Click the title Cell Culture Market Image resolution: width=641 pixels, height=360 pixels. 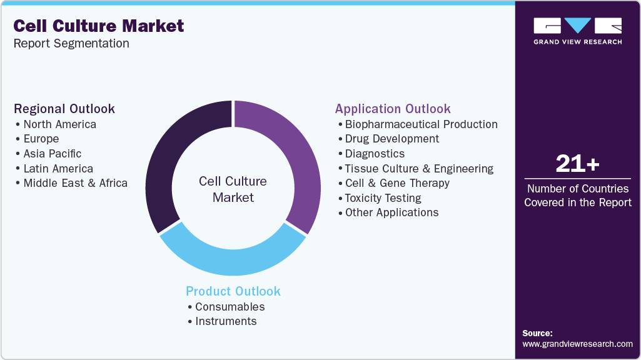pos(98,26)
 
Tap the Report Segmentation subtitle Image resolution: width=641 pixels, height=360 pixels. pos(71,44)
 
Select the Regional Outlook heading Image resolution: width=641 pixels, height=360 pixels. pos(64,109)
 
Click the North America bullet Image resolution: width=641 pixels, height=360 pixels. pos(59,124)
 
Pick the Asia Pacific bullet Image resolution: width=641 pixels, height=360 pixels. pos(52,154)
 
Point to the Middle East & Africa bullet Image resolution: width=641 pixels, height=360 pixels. pos(75,183)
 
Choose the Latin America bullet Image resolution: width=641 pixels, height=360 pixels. pos(58,169)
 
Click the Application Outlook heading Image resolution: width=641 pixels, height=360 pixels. pos(393,109)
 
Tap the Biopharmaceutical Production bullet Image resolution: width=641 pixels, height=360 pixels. pos(421,124)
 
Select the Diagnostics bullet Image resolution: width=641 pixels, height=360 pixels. pos(375,154)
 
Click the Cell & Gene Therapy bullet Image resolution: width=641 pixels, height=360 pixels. pos(397,183)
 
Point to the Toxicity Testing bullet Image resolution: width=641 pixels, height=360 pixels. pos(383,198)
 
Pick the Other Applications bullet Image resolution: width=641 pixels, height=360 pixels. pos(391,212)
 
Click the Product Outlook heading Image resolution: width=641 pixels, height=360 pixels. pos(233,291)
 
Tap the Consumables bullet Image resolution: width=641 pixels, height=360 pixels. pos(230,307)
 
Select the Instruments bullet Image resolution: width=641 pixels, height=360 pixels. pos(226,321)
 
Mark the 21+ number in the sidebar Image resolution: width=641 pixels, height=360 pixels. pos(578,164)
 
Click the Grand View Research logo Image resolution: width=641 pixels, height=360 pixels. pos(578,31)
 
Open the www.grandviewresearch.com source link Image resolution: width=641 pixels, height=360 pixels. pos(577,344)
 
